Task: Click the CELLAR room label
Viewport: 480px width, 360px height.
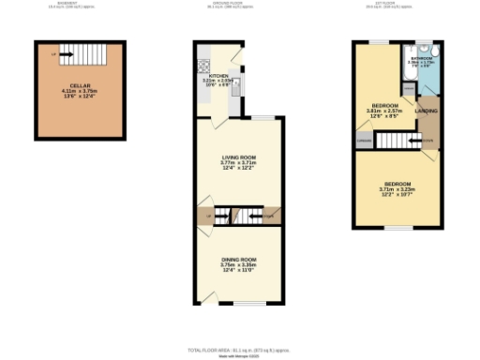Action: pos(79,84)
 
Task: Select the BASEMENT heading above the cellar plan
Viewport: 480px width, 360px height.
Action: pos(79,4)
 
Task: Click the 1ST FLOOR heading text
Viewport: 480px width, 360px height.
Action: pos(396,4)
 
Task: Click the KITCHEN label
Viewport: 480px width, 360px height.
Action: pos(218,75)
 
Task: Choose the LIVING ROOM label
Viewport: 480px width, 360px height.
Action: pos(238,157)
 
